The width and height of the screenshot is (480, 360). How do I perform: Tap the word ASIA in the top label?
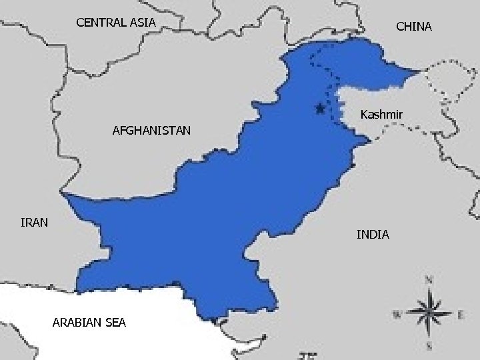[x=143, y=23]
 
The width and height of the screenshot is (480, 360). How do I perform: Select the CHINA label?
[x=413, y=27]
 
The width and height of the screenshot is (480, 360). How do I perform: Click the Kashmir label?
[x=381, y=115]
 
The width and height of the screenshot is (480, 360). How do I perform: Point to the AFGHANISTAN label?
[x=151, y=131]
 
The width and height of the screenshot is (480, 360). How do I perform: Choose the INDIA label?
[x=373, y=235]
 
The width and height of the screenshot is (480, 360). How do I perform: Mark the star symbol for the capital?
[x=320, y=108]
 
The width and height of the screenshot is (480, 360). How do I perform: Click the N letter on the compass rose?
[x=431, y=279]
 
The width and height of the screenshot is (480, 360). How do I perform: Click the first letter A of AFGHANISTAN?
[x=117, y=131]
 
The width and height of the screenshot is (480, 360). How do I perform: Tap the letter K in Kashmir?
[x=363, y=115]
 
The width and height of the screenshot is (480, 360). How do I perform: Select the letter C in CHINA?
[x=400, y=27]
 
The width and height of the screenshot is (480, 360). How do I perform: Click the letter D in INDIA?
[x=375, y=235]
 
